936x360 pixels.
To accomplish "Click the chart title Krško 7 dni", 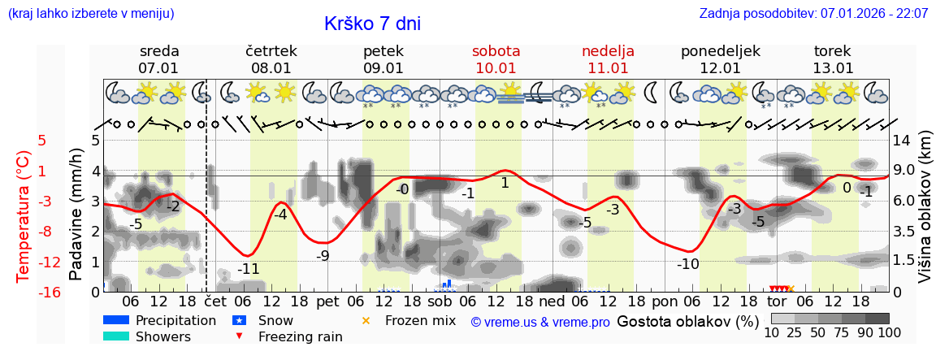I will click(x=372, y=24).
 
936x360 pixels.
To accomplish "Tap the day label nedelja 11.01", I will click(x=608, y=59).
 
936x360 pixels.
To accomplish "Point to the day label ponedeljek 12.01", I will click(x=720, y=59).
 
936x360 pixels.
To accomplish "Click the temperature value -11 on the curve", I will click(x=248, y=269).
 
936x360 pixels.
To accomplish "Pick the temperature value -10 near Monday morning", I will click(x=688, y=264).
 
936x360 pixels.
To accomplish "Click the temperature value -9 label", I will click(x=323, y=256).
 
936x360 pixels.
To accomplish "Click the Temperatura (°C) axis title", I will click(x=25, y=216).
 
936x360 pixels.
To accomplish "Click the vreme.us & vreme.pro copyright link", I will click(x=540, y=322).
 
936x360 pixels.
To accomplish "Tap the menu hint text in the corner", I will click(x=90, y=14).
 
